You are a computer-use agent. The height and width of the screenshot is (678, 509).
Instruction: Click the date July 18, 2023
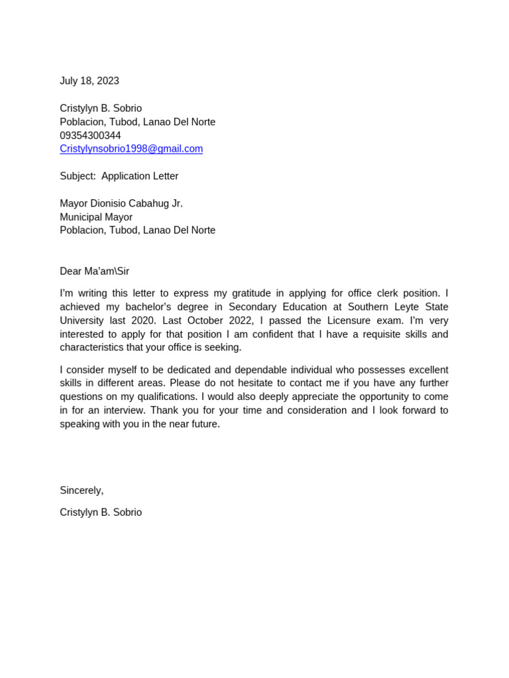(x=89, y=81)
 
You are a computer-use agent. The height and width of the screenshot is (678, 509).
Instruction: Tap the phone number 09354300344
(x=90, y=136)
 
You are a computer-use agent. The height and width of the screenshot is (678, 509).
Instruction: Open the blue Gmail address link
(x=131, y=149)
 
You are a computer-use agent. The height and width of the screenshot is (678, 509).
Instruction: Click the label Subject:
(x=78, y=176)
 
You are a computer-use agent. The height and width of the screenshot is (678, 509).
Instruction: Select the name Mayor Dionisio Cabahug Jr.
(x=121, y=203)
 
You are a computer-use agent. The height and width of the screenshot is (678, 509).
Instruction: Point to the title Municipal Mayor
(x=96, y=217)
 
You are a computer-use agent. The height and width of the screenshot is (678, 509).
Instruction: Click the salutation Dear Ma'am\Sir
(x=94, y=271)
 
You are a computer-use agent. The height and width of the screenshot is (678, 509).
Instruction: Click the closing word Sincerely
(x=81, y=491)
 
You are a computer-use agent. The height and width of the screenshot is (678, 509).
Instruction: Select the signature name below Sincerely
(x=101, y=512)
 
